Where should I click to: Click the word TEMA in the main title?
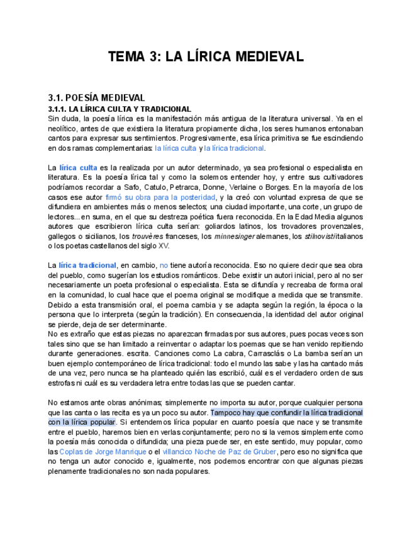126,57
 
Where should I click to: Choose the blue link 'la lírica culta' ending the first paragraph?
175,148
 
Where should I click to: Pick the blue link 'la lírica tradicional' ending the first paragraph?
234,148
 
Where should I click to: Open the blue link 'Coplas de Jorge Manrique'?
103,452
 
